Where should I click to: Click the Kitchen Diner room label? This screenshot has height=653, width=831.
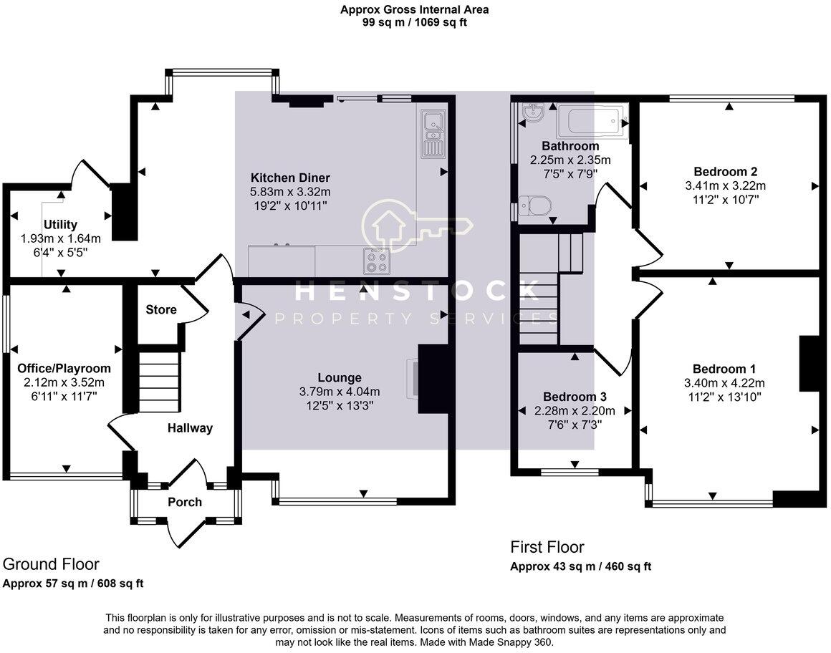click(290, 178)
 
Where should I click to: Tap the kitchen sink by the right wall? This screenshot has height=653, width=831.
click(432, 132)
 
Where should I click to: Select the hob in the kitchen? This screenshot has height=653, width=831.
click(378, 261)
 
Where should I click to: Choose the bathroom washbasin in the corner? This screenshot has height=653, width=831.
click(531, 113)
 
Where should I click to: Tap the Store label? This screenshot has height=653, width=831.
click(161, 310)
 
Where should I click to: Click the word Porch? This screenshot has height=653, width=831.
click(185, 502)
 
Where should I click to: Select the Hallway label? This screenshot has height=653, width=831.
click(190, 428)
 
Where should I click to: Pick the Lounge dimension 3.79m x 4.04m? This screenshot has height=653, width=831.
click(340, 392)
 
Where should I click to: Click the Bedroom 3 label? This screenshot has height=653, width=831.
click(570, 397)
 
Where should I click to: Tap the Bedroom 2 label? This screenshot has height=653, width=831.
click(726, 171)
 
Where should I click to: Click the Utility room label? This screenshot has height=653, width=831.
click(60, 225)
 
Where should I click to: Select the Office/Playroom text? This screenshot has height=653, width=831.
click(64, 368)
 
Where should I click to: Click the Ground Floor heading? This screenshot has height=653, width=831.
click(51, 564)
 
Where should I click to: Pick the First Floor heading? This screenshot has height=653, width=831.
click(547, 548)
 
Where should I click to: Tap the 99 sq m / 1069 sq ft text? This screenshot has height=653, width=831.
click(415, 22)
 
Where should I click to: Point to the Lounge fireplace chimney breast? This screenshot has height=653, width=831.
click(433, 379)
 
